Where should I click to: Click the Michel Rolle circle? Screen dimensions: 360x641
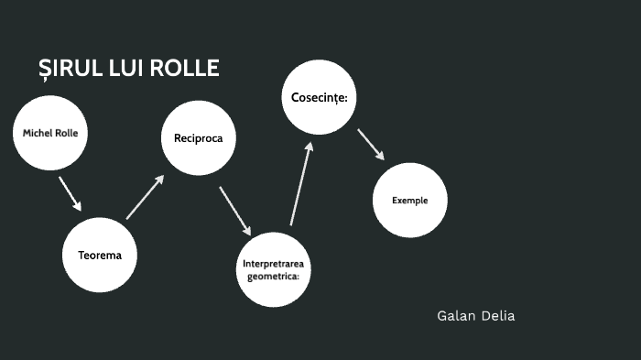click(50, 134)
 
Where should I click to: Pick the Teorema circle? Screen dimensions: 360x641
click(99, 255)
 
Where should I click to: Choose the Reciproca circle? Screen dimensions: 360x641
click(199, 138)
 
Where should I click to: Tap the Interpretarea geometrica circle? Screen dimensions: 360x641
click(273, 269)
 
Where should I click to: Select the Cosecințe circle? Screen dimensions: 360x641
click(319, 97)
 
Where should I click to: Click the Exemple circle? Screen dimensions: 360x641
click(409, 201)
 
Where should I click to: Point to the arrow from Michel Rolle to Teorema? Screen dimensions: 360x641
click(70, 193)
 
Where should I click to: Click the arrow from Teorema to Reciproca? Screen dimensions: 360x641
click(145, 197)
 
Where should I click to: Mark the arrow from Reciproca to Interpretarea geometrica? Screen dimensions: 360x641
click(234, 211)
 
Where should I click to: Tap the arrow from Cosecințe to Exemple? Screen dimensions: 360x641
click(370, 144)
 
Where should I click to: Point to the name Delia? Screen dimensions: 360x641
click(500, 316)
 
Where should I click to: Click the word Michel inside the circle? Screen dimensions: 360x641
click(38, 134)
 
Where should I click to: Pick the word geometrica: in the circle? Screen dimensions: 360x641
click(273, 275)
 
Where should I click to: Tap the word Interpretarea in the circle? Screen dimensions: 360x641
click(273, 264)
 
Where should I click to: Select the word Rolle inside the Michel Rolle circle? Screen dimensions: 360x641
click(66, 134)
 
